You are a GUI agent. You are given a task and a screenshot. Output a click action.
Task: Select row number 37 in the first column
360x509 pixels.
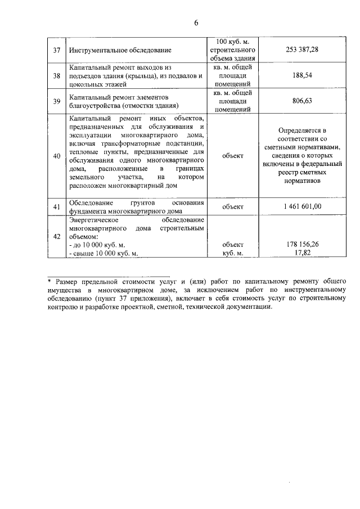(x=56, y=50)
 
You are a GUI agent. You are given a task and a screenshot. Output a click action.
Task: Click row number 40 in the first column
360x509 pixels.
(x=56, y=156)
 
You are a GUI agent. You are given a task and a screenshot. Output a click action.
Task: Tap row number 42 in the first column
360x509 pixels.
(x=56, y=237)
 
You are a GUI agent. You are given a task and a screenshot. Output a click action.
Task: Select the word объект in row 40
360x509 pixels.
(x=233, y=156)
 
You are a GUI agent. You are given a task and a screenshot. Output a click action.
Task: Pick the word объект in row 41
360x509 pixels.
(x=233, y=206)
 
